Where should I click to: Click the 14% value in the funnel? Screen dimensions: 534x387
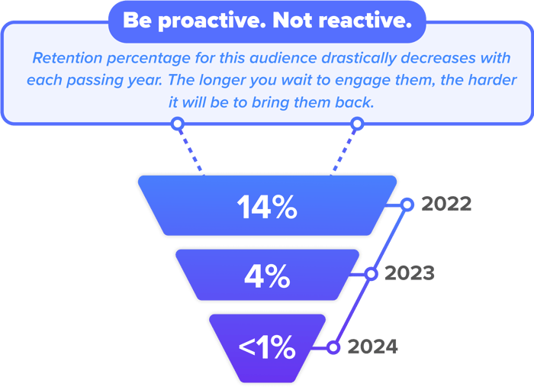(x=267, y=207)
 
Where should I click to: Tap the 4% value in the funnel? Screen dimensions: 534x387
(x=267, y=276)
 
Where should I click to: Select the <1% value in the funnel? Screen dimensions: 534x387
(x=267, y=347)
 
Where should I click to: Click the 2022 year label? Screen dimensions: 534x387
(x=446, y=204)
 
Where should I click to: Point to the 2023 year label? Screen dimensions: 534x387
(x=410, y=273)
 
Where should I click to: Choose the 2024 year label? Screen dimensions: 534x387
(x=372, y=347)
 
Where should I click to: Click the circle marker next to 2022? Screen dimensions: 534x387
(x=407, y=205)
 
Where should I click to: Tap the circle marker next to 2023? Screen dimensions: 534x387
(x=371, y=274)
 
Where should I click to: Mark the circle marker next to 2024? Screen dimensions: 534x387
(x=333, y=347)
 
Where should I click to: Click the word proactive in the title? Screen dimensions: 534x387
(x=212, y=21)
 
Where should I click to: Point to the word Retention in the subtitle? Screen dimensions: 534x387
(x=67, y=58)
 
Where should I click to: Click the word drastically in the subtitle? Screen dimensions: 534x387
(x=359, y=59)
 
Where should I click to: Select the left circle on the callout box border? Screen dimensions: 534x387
(x=178, y=124)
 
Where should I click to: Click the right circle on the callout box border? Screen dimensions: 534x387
(x=357, y=124)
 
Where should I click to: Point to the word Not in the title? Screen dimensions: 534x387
(x=292, y=21)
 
